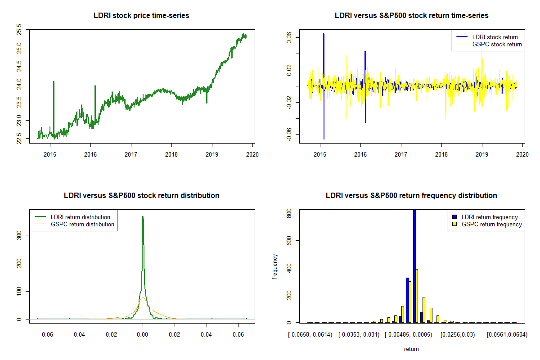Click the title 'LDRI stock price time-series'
[x=141, y=16]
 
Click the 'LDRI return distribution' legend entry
[x=81, y=217]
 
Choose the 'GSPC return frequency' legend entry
[x=491, y=224]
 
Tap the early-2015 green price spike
[x=54, y=82]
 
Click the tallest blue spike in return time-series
[x=324, y=34]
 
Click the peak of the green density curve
[x=143, y=217]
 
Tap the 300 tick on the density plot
[x=19, y=235]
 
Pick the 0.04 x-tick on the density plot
[x=207, y=335]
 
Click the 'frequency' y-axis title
[x=275, y=266]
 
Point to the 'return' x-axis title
[x=411, y=349]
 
